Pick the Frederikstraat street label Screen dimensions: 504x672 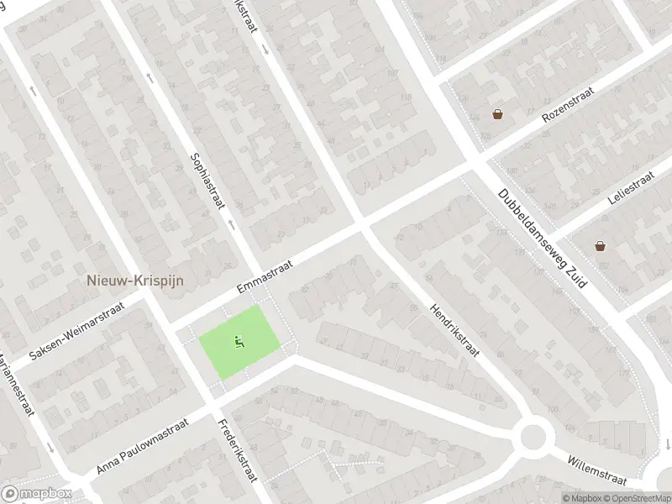point(237,449)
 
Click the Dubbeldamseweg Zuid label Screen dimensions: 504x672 point(543,239)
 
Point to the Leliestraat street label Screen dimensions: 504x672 point(630,188)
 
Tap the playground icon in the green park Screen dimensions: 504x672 point(239,341)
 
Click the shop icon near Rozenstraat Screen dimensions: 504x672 point(497,114)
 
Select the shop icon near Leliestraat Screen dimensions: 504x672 point(600,246)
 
